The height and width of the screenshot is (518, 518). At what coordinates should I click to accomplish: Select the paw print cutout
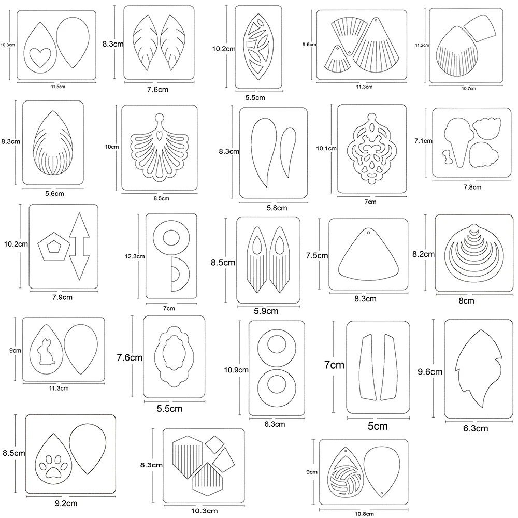[53, 464]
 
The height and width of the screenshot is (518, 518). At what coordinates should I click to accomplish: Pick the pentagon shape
[50, 247]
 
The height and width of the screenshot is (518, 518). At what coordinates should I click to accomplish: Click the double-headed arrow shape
[78, 247]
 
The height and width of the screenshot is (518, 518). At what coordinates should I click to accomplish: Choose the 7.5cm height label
[317, 255]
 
